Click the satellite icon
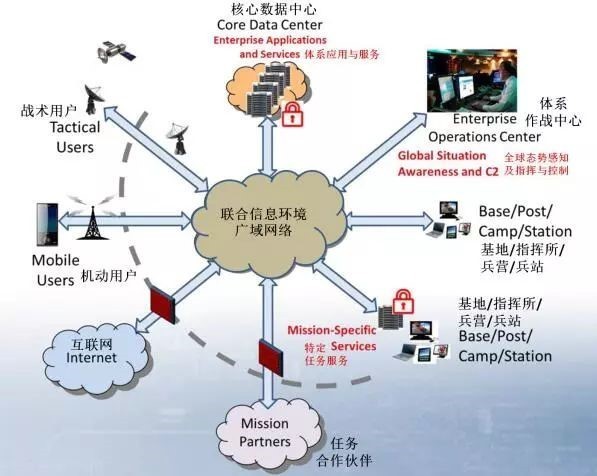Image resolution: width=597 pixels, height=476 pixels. tap(116, 52)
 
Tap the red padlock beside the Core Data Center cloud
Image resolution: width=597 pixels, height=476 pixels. tap(292, 113)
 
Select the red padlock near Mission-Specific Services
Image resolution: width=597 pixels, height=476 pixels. tap(403, 301)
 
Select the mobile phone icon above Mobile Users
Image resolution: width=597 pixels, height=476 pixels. tap(47, 225)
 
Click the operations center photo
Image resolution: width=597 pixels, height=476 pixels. tap(472, 80)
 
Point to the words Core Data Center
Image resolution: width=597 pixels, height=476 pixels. tap(270, 25)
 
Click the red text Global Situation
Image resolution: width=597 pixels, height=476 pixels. tap(442, 156)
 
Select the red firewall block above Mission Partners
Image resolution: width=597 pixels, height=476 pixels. tap(271, 358)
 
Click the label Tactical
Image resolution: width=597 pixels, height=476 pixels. tap(75, 127)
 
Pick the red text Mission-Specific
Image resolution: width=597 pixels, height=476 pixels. tap(331, 330)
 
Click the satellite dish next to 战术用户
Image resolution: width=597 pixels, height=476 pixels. tap(93, 99)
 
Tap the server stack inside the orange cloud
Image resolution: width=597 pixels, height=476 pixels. tap(267, 90)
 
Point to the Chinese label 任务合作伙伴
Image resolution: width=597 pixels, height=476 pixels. tap(344, 452)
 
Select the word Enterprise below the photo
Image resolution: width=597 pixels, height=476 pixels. tap(484, 119)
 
